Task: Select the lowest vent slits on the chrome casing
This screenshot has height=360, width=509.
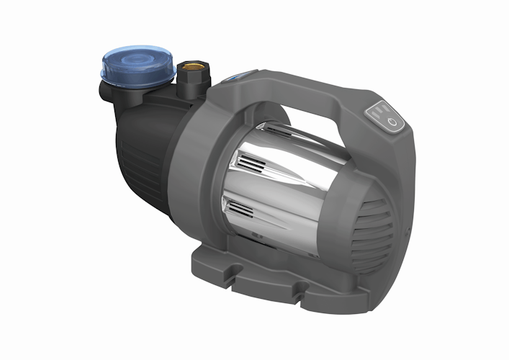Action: pyautogui.click(x=238, y=211)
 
